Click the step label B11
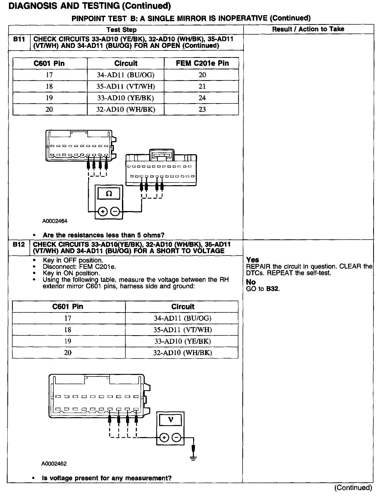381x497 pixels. coord(19,39)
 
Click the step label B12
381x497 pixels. coord(19,245)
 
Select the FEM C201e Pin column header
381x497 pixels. coord(202,63)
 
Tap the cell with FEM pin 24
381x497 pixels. coord(202,98)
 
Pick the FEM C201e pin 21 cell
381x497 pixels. coord(202,86)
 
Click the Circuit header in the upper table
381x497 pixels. coord(126,63)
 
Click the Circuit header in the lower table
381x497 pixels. coord(183,306)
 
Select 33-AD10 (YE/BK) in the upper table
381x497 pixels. coord(126,98)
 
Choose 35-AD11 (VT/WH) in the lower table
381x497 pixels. coord(183,330)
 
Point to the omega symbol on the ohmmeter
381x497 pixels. coord(109,194)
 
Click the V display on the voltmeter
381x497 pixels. coord(171,420)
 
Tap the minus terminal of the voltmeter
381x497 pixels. coord(177,438)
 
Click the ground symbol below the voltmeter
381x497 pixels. coord(193,458)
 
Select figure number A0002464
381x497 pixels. coord(55,221)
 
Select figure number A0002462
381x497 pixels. coord(54,464)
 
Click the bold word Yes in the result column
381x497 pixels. coord(253,260)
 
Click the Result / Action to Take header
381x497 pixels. coord(308,29)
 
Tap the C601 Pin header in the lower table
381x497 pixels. coord(68,306)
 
